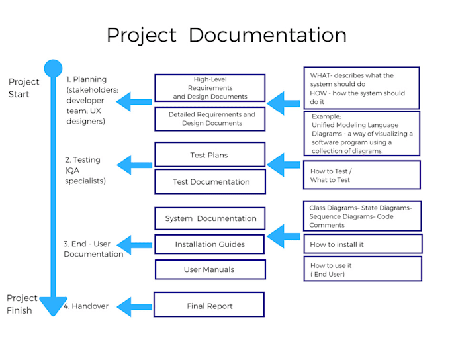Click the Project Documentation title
click(x=226, y=35)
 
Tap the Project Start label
click(x=24, y=88)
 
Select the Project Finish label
click(x=22, y=304)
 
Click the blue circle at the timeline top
click(x=53, y=67)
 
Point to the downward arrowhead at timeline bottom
click(x=53, y=306)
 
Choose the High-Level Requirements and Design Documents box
click(x=210, y=88)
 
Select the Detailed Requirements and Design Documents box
click(x=210, y=119)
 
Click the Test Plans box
click(x=210, y=155)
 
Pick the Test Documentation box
click(x=210, y=182)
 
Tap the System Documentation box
click(x=210, y=218)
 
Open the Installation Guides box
click(x=210, y=244)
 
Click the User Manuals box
click(x=210, y=269)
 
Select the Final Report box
click(x=209, y=305)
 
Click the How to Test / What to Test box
click(x=361, y=175)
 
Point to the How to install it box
click(x=362, y=244)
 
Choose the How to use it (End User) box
click(x=362, y=269)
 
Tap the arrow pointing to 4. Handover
click(x=136, y=306)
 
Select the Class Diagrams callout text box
click(x=362, y=216)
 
